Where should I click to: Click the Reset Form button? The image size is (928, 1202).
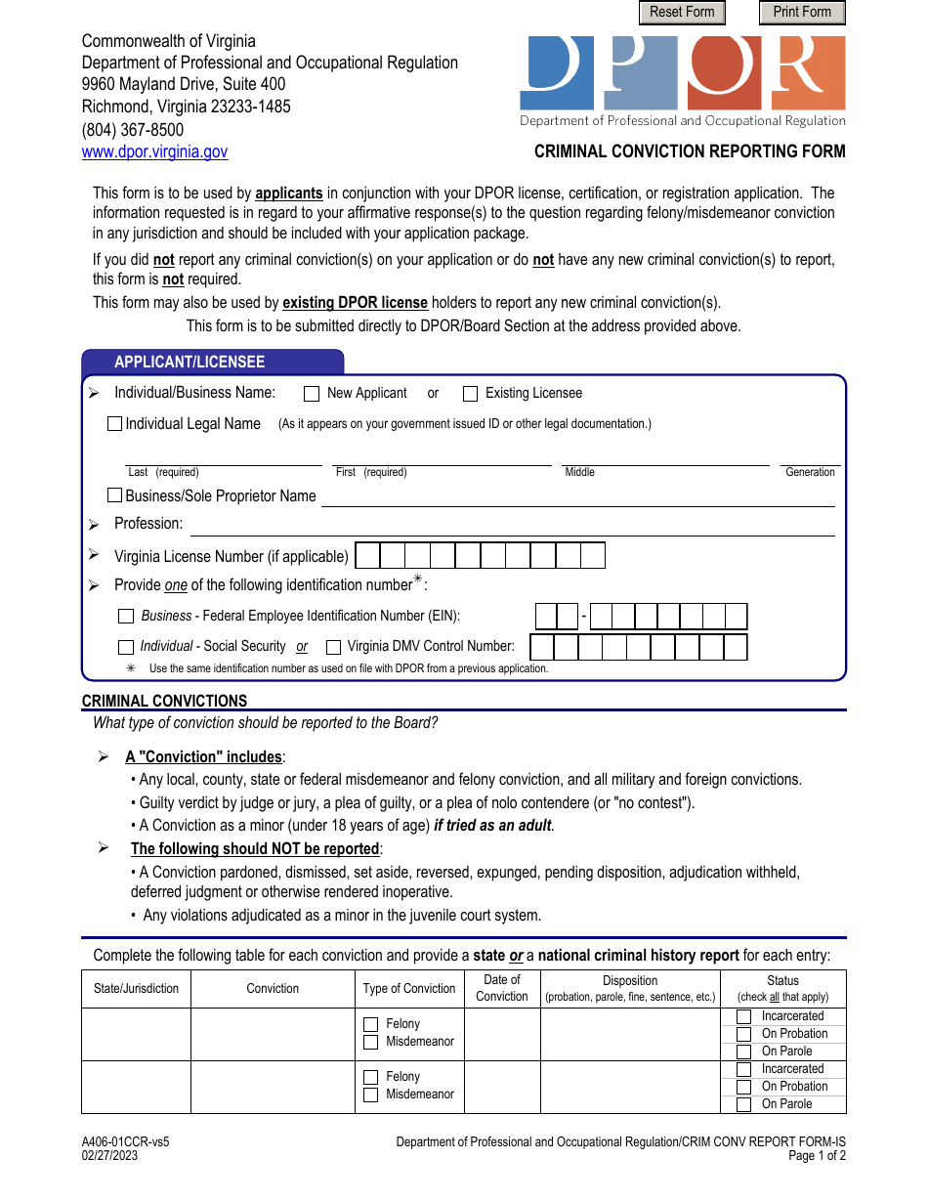pos(682,12)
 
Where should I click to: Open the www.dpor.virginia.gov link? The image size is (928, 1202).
pos(154,151)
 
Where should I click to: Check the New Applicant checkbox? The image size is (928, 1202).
pos(312,394)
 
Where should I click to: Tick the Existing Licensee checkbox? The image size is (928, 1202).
pos(470,394)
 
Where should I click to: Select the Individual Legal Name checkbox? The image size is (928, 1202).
pos(114,424)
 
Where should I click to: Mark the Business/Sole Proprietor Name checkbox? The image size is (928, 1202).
pos(114,495)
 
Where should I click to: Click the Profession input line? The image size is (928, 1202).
pos(512,525)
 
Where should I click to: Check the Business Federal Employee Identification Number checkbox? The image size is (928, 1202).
pos(126,617)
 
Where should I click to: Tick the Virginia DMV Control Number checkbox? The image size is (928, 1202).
pos(333,647)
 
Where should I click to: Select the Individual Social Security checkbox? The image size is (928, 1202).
pos(126,647)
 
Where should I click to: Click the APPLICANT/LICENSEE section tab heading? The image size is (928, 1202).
pos(190,362)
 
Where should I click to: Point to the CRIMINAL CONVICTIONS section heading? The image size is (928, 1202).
pos(164,701)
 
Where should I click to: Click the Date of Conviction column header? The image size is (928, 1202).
pos(502,988)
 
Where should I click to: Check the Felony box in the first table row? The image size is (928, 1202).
pos(370,1024)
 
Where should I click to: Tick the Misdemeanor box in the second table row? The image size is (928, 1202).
pos(370,1095)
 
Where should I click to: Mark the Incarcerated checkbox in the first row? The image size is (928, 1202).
pos(743,1016)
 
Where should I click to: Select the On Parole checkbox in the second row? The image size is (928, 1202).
pos(743,1104)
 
